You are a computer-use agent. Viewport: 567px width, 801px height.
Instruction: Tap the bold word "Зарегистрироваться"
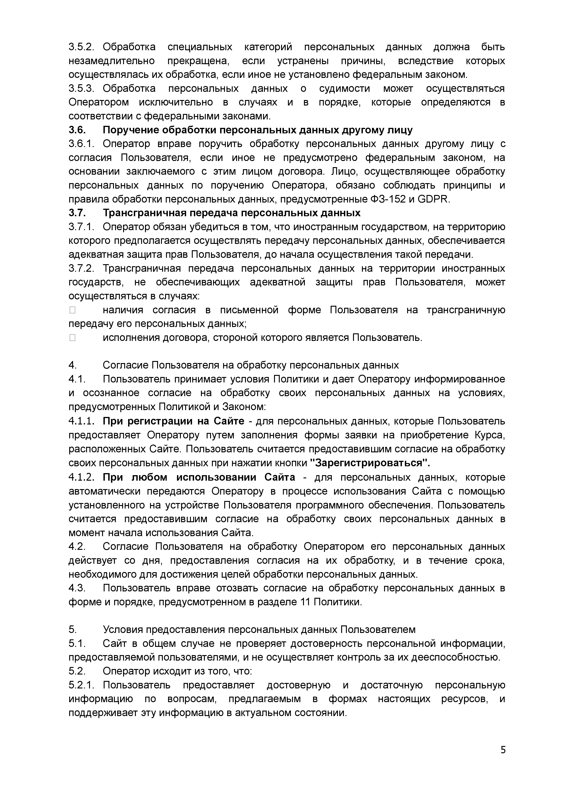[370, 463]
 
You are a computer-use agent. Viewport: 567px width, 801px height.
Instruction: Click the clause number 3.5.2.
[81, 47]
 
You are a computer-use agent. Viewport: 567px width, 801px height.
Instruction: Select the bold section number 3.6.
[77, 130]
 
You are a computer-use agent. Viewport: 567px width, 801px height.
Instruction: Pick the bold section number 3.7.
[77, 213]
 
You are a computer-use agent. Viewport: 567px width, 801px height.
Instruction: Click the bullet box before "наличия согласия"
[72, 310]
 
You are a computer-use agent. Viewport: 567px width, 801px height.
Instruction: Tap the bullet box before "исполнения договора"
[72, 337]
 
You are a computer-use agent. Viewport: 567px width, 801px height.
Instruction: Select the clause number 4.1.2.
[81, 477]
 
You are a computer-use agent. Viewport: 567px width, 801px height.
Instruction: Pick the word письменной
[249, 310]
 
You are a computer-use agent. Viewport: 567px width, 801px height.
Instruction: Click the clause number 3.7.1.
[81, 227]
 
